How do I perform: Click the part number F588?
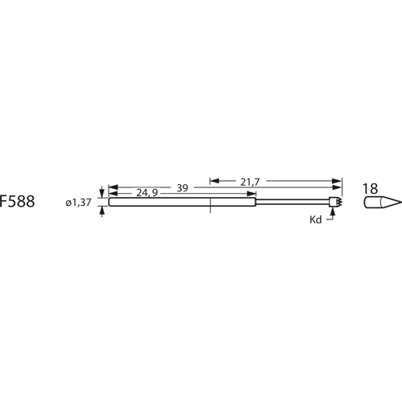pyautogui.click(x=18, y=203)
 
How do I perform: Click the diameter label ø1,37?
pyautogui.click(x=80, y=203)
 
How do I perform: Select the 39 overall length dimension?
pyautogui.click(x=183, y=188)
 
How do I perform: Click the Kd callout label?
pyautogui.click(x=316, y=218)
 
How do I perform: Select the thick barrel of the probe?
pyautogui.click(x=181, y=203)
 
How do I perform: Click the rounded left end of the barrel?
pyautogui.click(x=109, y=203)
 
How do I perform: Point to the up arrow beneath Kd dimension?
pyautogui.click(x=330, y=214)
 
